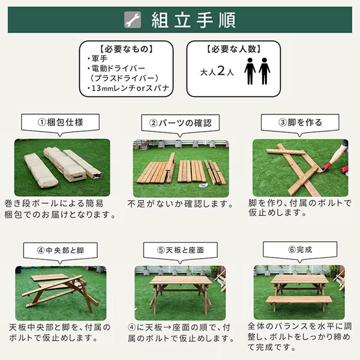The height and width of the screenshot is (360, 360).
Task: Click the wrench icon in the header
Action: point(132,20)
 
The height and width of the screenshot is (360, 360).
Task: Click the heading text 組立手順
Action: point(193,20)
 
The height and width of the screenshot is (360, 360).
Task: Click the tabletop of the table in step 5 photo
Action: point(180,280)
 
